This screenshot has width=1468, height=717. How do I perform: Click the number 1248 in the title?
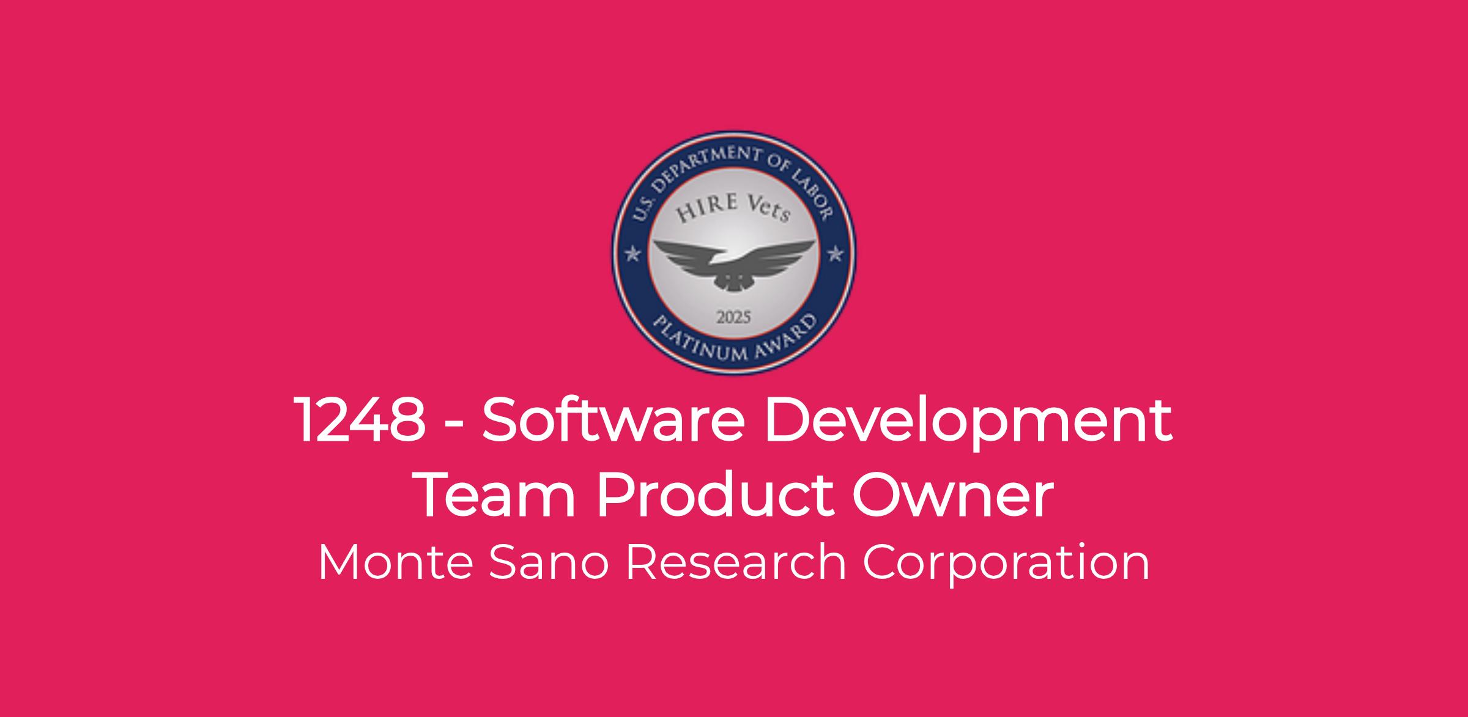[x=360, y=420]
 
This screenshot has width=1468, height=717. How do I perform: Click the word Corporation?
[x=1006, y=565]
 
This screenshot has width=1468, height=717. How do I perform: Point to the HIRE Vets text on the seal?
[x=733, y=208]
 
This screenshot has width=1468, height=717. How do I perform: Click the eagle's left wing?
[x=685, y=257]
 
